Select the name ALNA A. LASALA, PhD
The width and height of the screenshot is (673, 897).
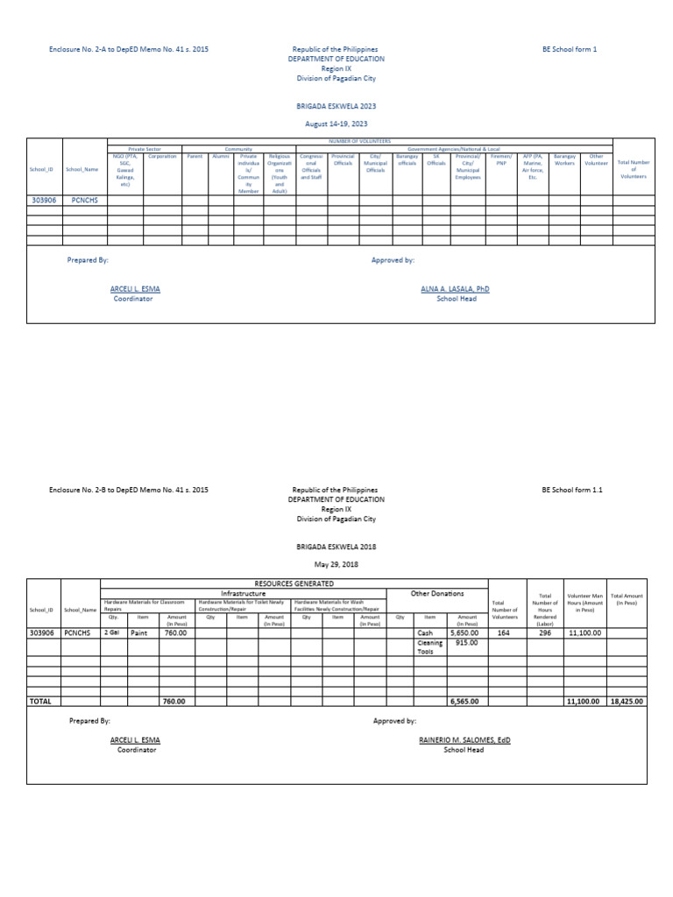click(x=455, y=288)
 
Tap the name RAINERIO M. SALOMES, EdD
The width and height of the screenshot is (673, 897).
click(x=464, y=739)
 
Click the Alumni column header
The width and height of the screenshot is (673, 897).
click(x=221, y=157)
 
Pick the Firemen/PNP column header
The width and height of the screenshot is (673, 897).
click(x=500, y=159)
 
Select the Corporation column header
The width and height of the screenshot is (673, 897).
click(x=162, y=157)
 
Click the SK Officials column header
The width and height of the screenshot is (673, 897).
click(x=436, y=159)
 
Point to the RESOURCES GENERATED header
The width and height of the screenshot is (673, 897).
click(x=294, y=583)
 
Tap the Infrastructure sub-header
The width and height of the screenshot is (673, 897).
click(x=243, y=593)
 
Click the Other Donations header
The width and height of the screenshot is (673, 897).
click(x=437, y=593)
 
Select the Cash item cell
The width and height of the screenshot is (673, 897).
click(x=425, y=632)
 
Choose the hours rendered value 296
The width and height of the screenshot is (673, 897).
click(x=544, y=632)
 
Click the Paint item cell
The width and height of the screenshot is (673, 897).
click(x=138, y=632)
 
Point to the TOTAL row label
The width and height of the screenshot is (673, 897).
click(x=41, y=701)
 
